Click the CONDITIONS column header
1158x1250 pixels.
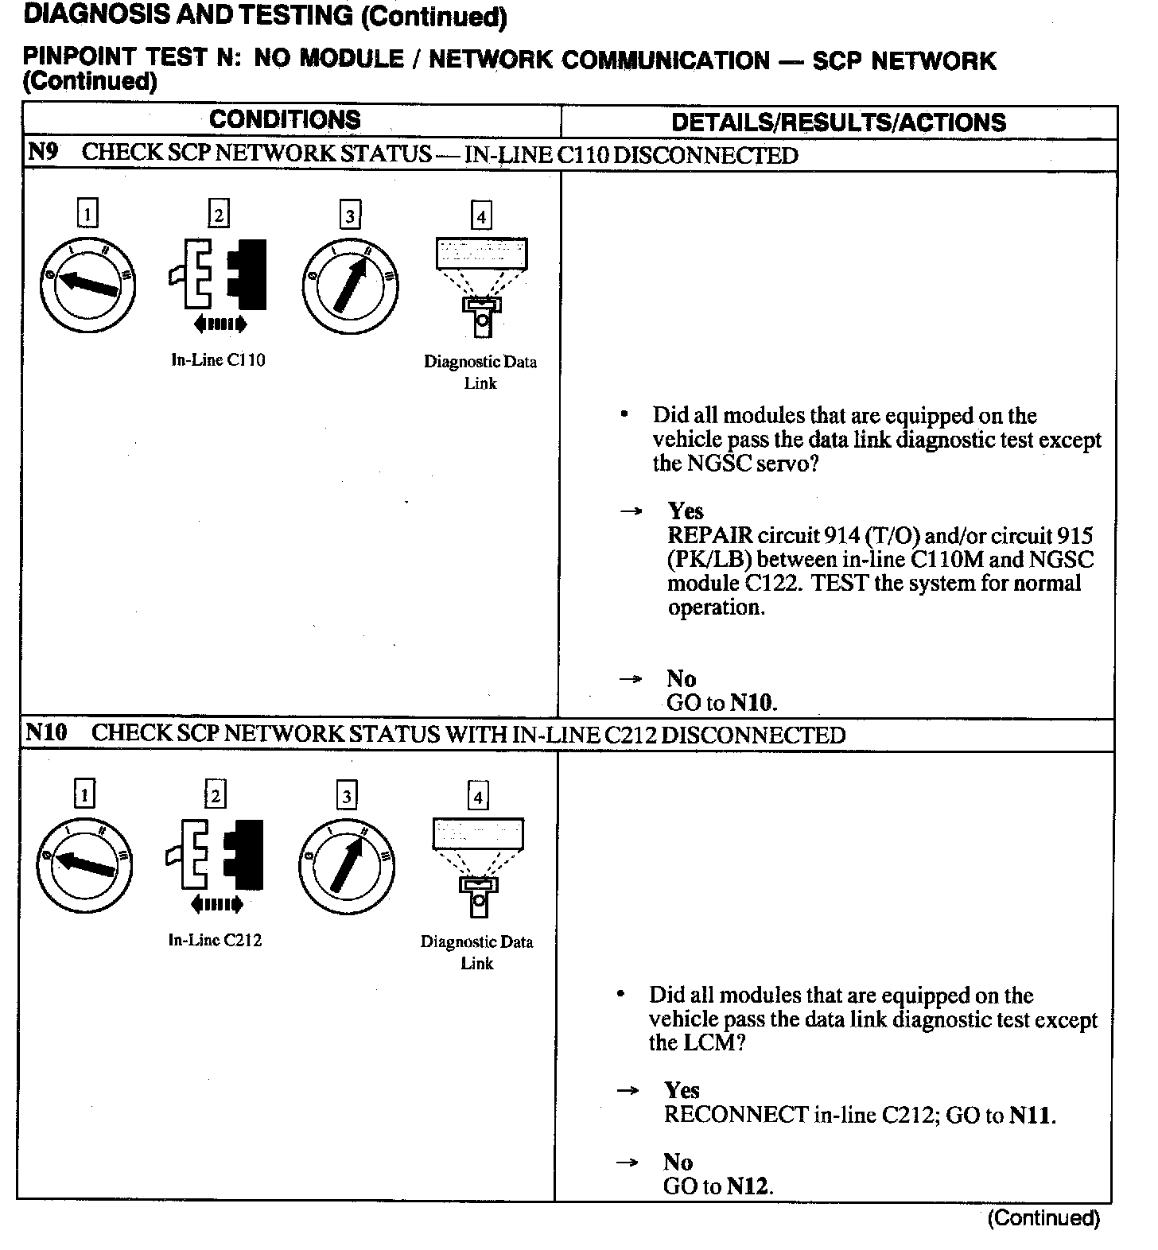285,120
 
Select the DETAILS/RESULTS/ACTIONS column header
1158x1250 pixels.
838,122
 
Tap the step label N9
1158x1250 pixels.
43,152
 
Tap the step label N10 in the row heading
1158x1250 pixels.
46,732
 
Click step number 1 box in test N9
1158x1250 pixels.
87,213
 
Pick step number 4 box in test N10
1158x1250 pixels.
478,796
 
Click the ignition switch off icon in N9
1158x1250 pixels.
87,284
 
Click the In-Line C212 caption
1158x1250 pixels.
215,940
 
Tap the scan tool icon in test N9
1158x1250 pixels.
481,286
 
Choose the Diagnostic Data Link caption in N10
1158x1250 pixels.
477,952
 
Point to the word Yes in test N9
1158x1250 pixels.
686,510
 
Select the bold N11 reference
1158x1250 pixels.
1032,1115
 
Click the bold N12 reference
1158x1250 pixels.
748,1186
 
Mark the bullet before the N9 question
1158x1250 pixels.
626,414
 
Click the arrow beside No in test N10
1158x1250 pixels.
628,1163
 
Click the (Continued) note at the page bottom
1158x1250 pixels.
1043,1217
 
